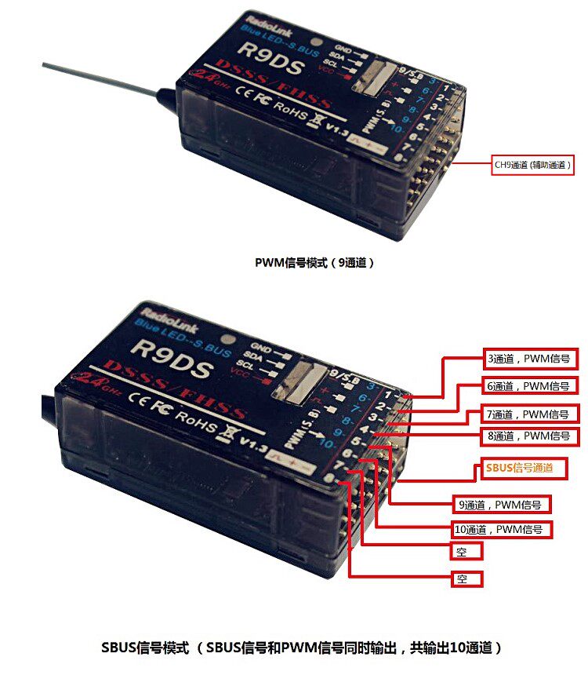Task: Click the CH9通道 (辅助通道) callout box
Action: click(532, 165)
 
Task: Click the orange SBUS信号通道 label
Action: click(518, 468)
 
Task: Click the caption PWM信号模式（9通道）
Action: click(314, 263)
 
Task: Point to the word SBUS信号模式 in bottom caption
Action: click(145, 648)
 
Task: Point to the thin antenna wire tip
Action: click(45, 64)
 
